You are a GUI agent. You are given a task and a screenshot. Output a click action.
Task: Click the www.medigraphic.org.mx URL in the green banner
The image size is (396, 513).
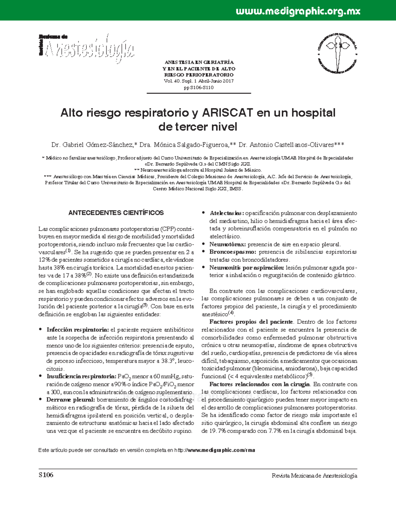298,12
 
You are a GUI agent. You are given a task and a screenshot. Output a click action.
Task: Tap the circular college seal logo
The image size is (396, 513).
337,53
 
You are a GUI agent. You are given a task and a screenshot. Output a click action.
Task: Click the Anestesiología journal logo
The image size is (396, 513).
86,49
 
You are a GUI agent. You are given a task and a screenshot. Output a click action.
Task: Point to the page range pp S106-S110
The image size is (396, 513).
198,88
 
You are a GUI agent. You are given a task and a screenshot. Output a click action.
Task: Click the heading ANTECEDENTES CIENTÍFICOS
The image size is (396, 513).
116,213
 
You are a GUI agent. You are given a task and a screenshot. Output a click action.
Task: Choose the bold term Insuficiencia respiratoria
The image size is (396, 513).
81,376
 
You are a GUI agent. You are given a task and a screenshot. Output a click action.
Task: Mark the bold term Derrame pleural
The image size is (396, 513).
71,400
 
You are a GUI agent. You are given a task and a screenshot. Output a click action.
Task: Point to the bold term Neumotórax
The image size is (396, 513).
227,244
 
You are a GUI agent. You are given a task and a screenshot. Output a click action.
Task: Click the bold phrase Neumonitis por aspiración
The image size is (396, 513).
247,268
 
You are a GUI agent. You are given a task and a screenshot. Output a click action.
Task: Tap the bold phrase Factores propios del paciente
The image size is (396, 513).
251,322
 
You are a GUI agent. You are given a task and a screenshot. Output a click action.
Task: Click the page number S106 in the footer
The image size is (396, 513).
46,475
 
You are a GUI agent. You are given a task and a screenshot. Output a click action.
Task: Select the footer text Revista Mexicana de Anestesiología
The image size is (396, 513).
314,476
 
